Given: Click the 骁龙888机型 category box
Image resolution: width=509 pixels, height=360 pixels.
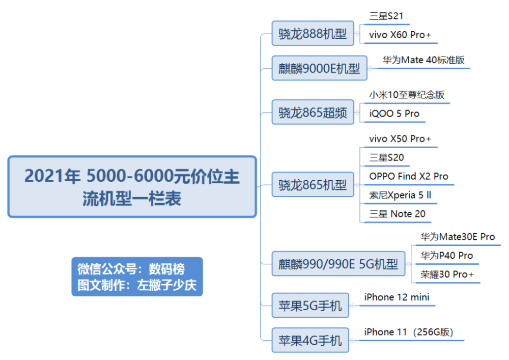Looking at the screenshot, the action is [313, 34].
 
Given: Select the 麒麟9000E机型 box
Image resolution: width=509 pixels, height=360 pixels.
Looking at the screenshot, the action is [320, 68].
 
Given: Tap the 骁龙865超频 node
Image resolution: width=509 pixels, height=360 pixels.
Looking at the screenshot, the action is [313, 113].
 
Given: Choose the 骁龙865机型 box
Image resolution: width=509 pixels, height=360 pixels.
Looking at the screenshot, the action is [313, 185].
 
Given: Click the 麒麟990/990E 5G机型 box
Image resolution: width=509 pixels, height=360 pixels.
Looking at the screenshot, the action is [338, 264].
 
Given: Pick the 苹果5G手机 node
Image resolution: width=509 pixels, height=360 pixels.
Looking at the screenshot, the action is [310, 306].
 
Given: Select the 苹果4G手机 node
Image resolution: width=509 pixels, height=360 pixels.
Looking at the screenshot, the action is [310, 340].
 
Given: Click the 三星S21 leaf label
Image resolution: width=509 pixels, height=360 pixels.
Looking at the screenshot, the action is [386, 16].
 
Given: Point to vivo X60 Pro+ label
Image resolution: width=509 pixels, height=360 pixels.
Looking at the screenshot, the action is [400, 35].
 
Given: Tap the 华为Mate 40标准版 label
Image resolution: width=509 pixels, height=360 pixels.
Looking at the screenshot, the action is [423, 60].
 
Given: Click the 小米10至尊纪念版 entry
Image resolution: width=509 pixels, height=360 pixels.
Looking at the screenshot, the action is [407, 95].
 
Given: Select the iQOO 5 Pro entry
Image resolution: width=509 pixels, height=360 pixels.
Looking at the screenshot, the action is [394, 114].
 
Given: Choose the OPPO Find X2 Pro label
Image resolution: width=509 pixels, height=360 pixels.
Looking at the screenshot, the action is [409, 176].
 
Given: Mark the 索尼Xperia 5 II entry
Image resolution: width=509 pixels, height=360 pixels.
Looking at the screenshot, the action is [400, 195].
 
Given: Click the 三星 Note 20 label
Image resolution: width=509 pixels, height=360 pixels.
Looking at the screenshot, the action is [397, 214].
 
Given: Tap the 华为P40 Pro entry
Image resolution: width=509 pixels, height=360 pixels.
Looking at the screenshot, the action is [447, 256].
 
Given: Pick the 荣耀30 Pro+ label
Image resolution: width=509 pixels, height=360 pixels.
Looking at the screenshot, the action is [447, 274].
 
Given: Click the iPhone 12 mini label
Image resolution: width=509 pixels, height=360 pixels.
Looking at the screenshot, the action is [397, 297].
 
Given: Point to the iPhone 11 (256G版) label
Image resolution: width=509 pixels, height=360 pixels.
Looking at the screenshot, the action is [409, 332].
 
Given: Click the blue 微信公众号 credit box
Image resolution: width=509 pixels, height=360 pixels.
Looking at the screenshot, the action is [137, 276].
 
